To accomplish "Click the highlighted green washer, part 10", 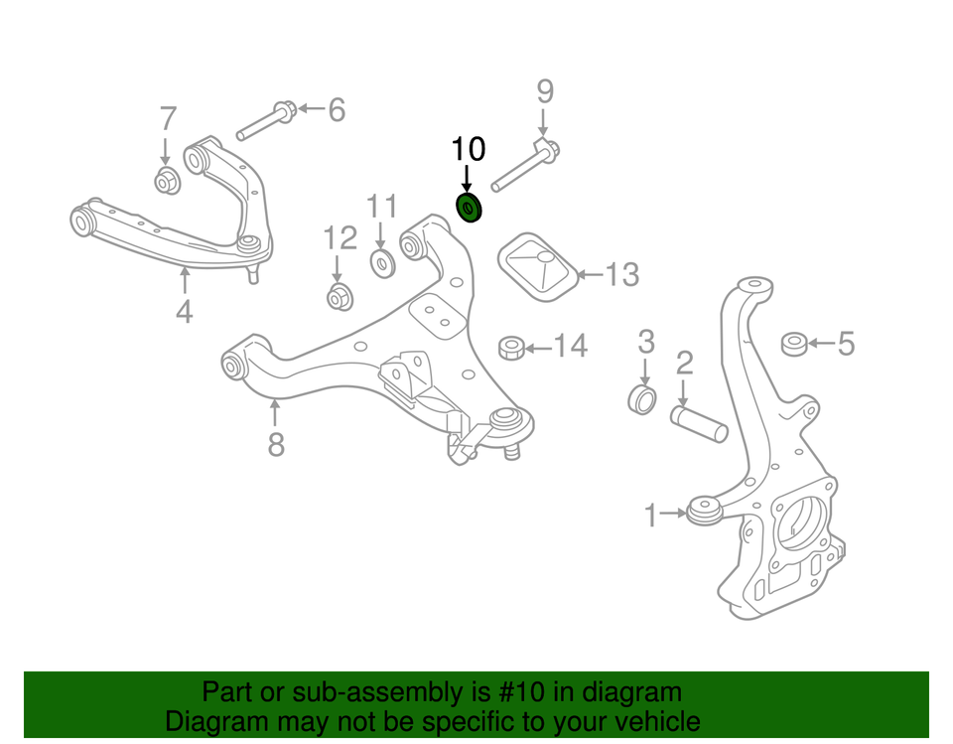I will click(468, 210).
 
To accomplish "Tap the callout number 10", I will click(469, 150).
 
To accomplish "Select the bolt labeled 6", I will click(265, 120).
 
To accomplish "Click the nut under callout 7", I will click(167, 181).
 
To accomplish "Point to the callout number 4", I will click(184, 312).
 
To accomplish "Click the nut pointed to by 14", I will click(510, 348).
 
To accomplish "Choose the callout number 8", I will click(276, 444).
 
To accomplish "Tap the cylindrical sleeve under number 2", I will click(701, 421).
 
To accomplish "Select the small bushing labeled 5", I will click(793, 345).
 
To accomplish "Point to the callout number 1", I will click(651, 516).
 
